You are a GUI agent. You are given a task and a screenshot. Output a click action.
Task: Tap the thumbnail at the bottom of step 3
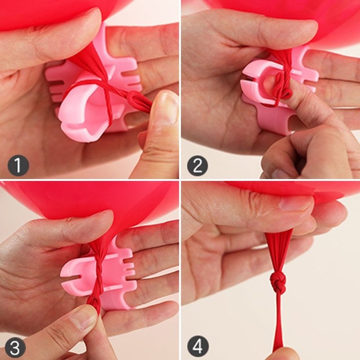click(83, 319)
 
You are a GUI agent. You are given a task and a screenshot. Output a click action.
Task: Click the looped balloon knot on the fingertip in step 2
click(281, 85)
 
